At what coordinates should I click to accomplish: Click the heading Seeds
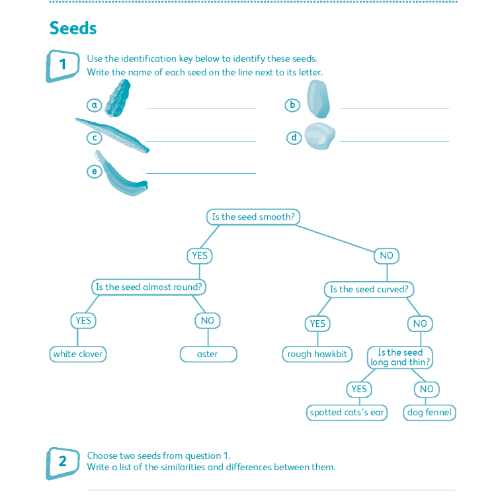coord(73,28)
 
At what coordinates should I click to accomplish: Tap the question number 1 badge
coord(63,65)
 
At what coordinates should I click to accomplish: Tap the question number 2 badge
coord(63,462)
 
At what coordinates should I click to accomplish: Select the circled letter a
coord(95,104)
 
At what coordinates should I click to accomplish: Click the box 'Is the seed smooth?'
coord(253,217)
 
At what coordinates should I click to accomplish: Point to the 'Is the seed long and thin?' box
coord(400,357)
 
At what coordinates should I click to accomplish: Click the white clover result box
coord(78,354)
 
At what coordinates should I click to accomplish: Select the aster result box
coord(207,354)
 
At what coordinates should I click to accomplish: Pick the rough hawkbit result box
coord(317,354)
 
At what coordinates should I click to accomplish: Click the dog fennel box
coord(429,413)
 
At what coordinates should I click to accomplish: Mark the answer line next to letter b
coord(394,107)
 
